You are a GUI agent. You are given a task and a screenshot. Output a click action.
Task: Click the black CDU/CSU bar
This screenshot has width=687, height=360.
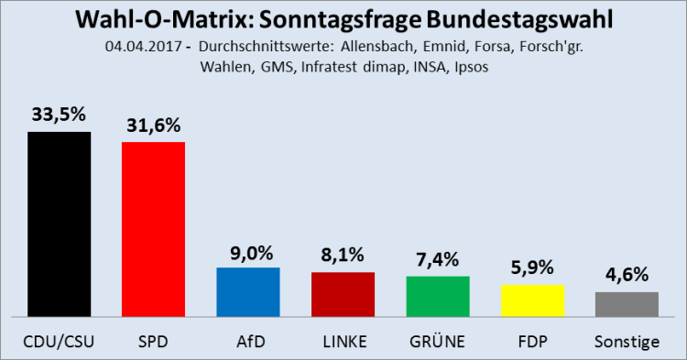tap(59, 224)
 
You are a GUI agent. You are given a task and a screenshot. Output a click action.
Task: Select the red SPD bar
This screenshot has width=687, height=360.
tap(153, 229)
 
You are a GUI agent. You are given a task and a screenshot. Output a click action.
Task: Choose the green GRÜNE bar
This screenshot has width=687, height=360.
tap(437, 296)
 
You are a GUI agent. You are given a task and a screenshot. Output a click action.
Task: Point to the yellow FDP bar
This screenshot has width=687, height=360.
tap(532, 300)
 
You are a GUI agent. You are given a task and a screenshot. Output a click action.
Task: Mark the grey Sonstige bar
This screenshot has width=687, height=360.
tap(627, 304)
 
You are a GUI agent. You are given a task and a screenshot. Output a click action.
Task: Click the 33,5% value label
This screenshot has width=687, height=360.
tap(59, 115)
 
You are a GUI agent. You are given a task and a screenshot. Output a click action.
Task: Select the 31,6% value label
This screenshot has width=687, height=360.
tap(153, 125)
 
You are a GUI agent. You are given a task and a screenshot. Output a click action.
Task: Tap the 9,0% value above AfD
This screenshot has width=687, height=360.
tap(247, 251)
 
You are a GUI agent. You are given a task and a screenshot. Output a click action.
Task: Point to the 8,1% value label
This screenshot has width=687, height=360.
tap(343, 256)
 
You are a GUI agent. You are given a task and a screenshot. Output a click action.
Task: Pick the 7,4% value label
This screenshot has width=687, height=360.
tap(437, 259)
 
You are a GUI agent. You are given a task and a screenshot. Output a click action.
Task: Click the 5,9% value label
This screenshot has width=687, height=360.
tap(532, 268)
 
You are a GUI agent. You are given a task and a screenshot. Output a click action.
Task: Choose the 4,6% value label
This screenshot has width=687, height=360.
tap(627, 275)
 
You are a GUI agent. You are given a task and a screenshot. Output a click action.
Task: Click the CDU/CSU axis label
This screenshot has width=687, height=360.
tap(59, 342)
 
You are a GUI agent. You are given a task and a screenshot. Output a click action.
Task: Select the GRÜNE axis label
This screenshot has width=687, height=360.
tap(437, 342)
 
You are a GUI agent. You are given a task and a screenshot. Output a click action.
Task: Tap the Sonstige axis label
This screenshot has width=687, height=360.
tap(627, 342)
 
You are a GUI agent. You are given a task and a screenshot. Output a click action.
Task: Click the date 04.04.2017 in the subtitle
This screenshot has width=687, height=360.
tap(136, 48)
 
